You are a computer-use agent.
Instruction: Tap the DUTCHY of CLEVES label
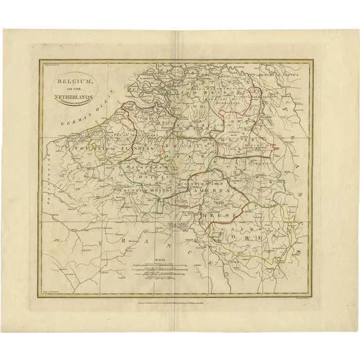pyautogui.click(x=284, y=75)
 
